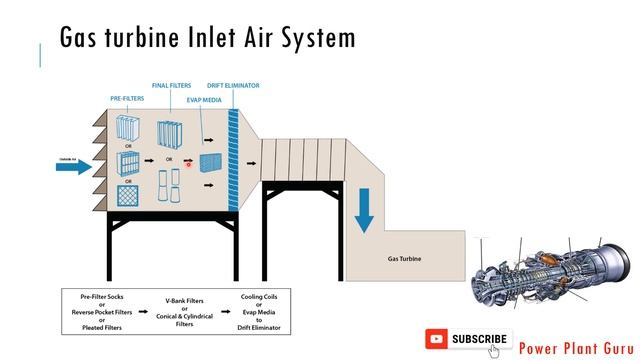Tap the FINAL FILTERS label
[171, 86]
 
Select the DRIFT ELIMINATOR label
[233, 86]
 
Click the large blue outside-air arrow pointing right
[73, 166]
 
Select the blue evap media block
[211, 162]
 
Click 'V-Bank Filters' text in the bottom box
[185, 300]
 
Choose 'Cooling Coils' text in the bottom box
[259, 296]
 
